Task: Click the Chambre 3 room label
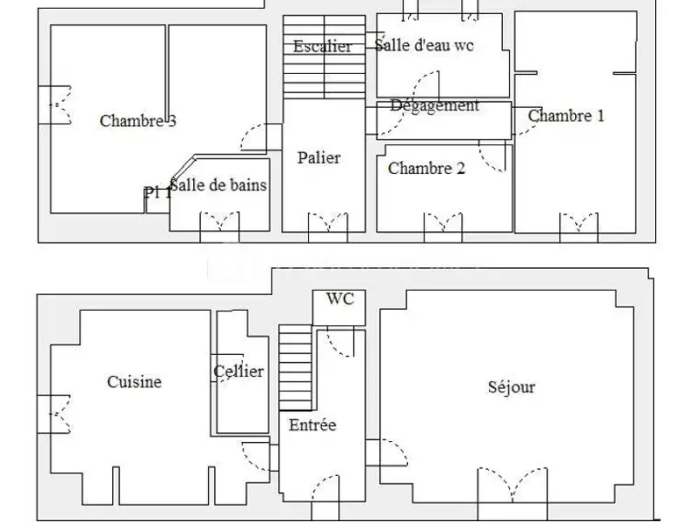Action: pyautogui.click(x=137, y=121)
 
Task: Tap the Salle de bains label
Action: pyautogui.click(x=218, y=185)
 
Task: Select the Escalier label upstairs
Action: pyautogui.click(x=323, y=47)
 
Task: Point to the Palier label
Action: pyautogui.click(x=319, y=157)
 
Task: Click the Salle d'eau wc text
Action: pyautogui.click(x=425, y=46)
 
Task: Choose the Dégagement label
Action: pyautogui.click(x=435, y=106)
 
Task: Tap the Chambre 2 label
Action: pyautogui.click(x=426, y=168)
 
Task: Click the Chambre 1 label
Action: pyautogui.click(x=566, y=116)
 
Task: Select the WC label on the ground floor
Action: pyautogui.click(x=339, y=298)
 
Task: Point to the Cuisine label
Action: pyautogui.click(x=135, y=381)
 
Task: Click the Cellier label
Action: pyautogui.click(x=238, y=371)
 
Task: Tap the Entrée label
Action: pyautogui.click(x=313, y=425)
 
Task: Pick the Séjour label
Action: pyautogui.click(x=512, y=387)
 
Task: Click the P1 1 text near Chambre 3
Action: pyautogui.click(x=157, y=193)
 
